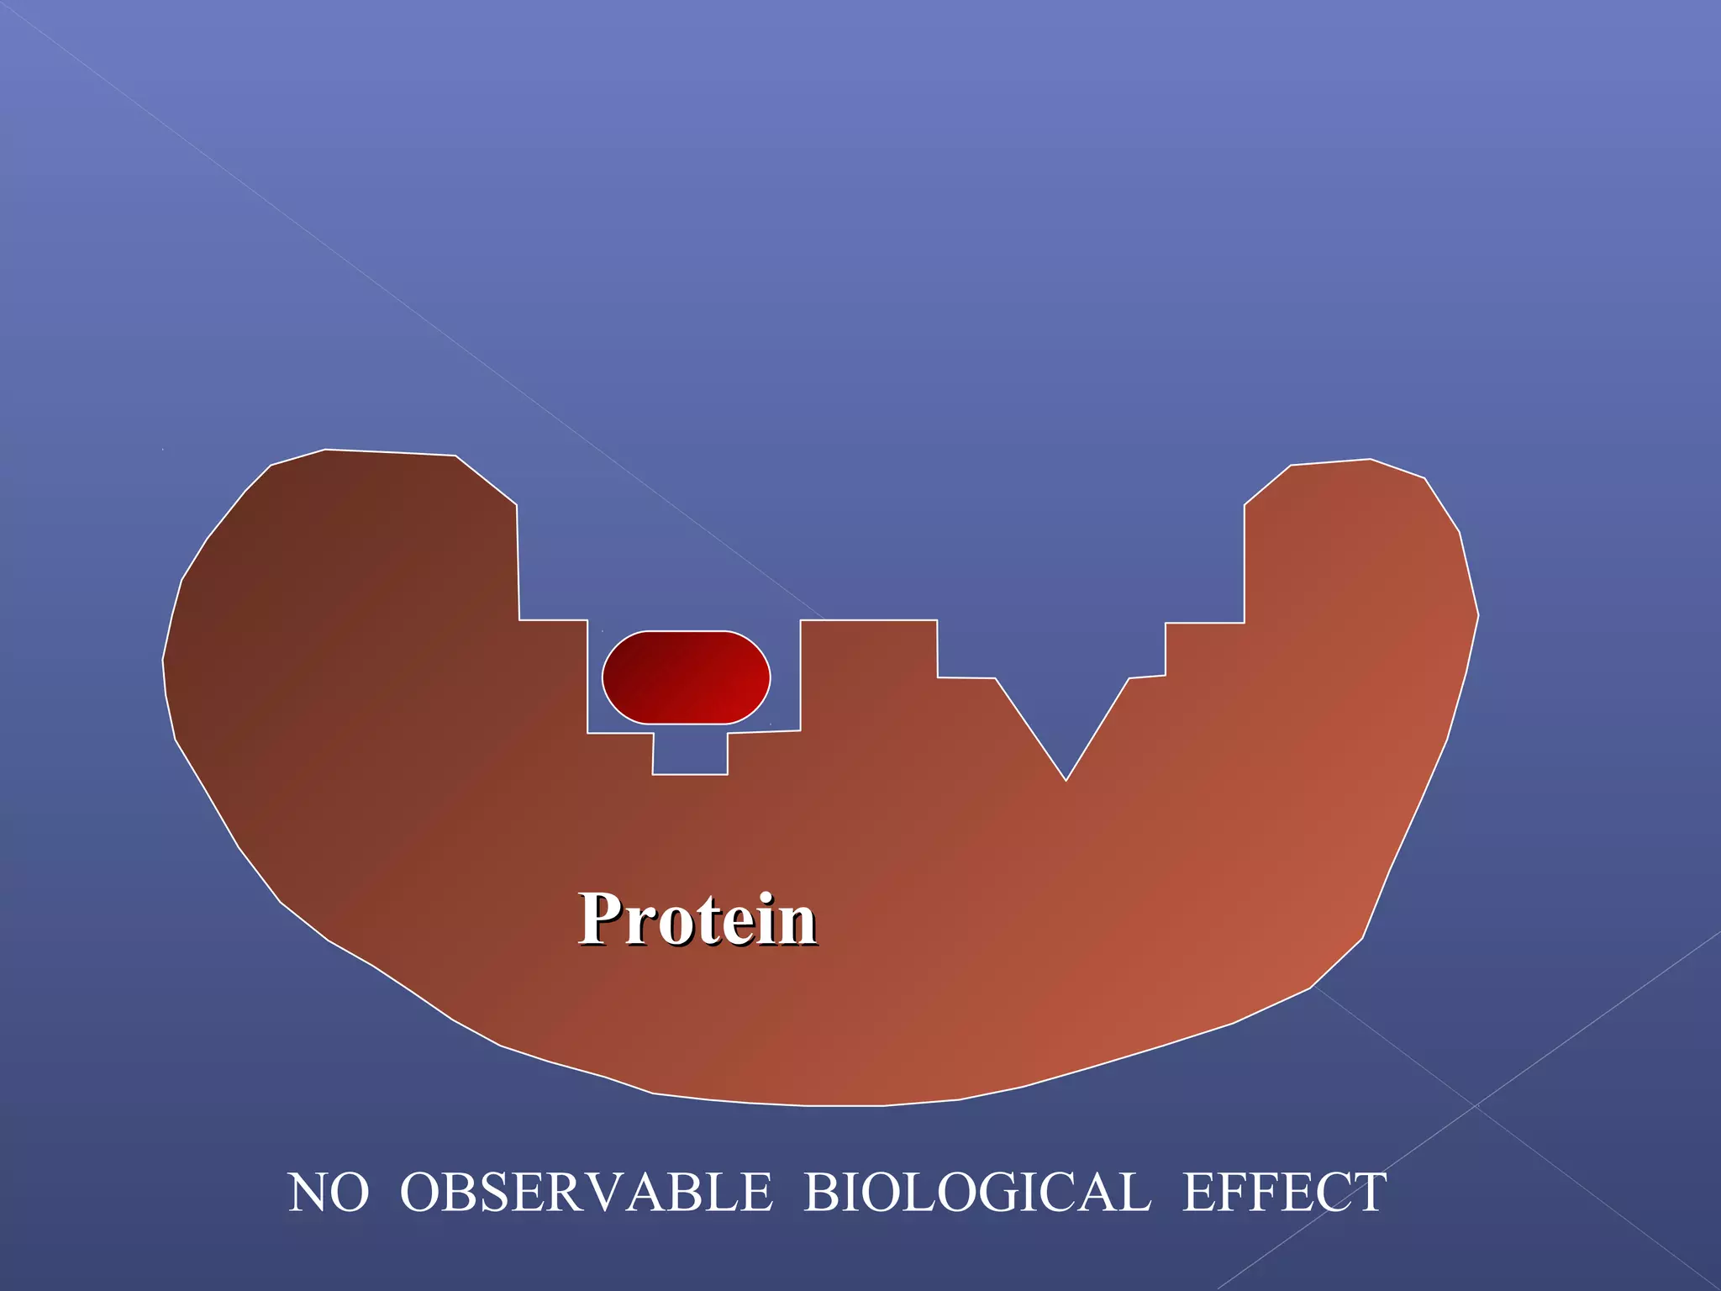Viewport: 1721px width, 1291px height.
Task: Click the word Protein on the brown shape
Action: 697,920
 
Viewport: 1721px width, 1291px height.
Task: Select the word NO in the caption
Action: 329,1193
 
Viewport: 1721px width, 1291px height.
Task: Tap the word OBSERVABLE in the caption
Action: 586,1193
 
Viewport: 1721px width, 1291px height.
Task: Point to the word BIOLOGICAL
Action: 977,1193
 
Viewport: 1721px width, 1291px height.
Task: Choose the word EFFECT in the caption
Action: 1284,1193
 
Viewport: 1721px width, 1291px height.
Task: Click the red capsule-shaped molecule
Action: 686,677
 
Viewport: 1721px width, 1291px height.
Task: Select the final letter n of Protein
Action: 797,925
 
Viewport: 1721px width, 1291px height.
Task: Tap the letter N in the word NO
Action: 308,1193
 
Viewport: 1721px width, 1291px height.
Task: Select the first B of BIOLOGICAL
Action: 823,1193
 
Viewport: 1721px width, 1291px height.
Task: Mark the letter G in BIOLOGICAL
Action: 1010,1193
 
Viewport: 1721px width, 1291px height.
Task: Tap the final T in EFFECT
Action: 1368,1193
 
